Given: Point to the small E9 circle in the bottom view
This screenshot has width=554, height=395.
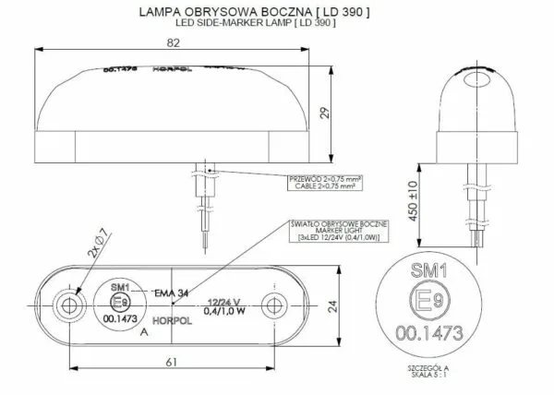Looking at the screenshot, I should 117,302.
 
